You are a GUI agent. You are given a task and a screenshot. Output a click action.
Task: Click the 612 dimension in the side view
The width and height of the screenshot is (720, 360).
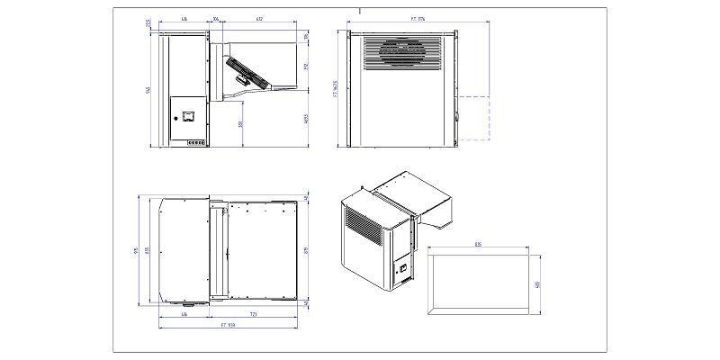(259, 18)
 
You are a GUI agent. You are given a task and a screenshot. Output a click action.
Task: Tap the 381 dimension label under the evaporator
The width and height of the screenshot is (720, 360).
(240, 123)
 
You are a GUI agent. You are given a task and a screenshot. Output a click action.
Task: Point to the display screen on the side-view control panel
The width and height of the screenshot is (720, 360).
(190, 116)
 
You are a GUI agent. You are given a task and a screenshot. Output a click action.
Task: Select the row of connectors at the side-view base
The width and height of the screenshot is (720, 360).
(195, 142)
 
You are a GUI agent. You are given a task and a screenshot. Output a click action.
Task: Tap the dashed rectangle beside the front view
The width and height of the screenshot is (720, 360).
(473, 117)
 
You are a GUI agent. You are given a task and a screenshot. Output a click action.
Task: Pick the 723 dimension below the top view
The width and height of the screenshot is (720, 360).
(254, 313)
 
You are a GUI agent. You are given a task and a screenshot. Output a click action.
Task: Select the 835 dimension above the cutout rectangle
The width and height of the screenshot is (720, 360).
(477, 245)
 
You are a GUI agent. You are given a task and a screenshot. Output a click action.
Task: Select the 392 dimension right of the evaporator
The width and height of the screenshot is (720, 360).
(306, 66)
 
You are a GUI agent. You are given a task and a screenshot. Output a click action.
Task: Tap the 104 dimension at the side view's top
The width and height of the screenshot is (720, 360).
(217, 18)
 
